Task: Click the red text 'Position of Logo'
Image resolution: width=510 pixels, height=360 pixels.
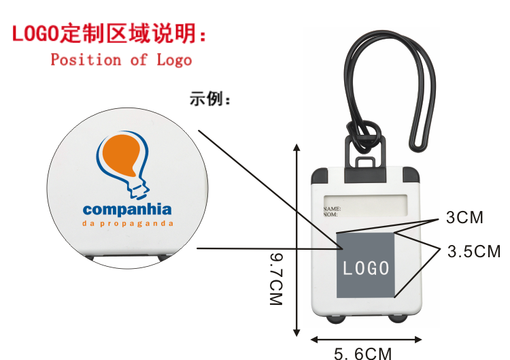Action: pos(121,60)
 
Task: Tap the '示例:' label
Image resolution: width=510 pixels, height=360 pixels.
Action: pos(210,100)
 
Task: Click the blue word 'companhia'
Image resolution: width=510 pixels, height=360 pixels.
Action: pos(127,209)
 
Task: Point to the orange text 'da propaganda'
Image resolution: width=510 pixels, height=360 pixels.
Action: pos(127,223)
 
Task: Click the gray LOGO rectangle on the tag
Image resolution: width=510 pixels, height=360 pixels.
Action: pos(366,265)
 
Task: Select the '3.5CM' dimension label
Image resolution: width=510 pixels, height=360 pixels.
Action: pos(473,252)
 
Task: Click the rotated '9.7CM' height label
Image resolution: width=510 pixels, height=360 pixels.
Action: pos(276,278)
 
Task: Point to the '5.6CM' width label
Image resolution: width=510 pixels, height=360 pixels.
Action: pos(363,353)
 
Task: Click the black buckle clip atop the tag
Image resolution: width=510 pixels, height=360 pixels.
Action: pos(366,154)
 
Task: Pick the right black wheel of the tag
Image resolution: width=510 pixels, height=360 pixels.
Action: pos(398,320)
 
